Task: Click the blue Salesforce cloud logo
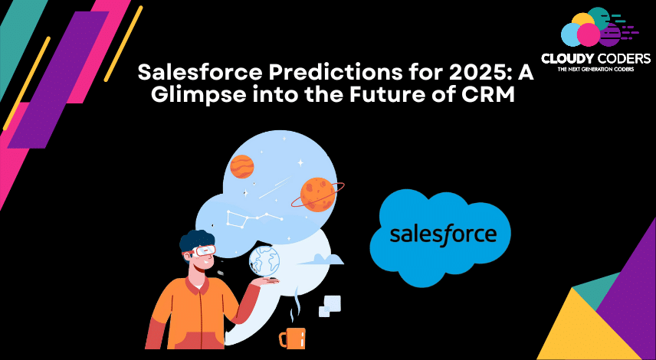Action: tap(441, 237)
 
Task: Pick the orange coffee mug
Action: tap(293, 338)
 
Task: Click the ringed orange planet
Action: tap(318, 194)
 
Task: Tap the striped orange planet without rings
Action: tap(242, 166)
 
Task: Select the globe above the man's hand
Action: tap(264, 260)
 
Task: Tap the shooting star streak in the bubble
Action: tap(275, 188)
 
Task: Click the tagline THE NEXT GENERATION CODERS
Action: tap(595, 69)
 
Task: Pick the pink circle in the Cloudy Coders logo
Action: tap(589, 34)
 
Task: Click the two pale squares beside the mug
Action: tap(330, 306)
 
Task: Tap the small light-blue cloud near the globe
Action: tap(321, 259)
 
